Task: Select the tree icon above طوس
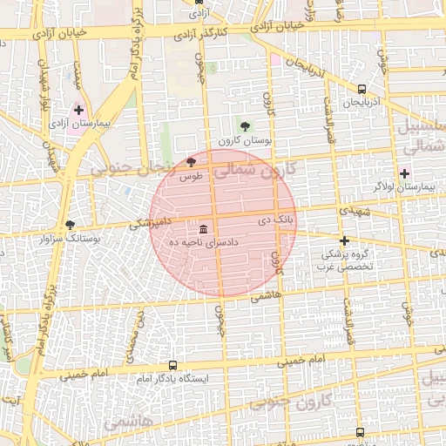tap(192, 162)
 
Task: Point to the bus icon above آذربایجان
tap(362, 88)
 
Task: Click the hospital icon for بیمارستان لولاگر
tap(404, 173)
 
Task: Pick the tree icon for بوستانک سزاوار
tap(70, 224)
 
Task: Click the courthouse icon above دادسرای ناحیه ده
tap(203, 229)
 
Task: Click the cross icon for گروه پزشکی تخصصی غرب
tap(345, 240)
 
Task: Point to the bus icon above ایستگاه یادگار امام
tap(172, 366)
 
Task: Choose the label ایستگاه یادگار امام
tap(170, 379)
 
